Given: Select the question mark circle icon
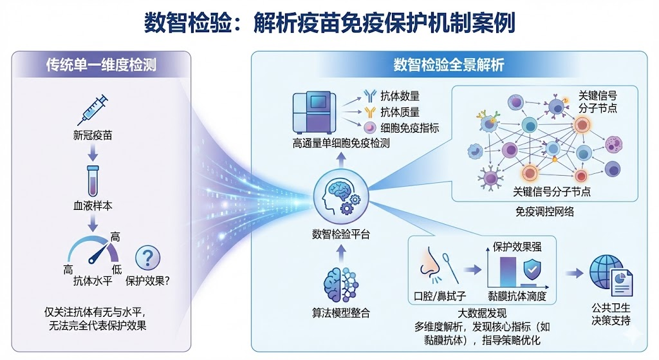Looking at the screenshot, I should pyautogui.click(x=147, y=258).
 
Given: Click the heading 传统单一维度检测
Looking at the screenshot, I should pyautogui.click(x=100, y=64).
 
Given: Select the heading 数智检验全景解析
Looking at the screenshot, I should pyautogui.click(x=449, y=64).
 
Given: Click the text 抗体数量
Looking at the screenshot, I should pyautogui.click(x=400, y=96).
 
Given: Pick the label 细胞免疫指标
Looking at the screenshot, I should pyautogui.click(x=410, y=128).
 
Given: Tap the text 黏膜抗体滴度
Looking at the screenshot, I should pyautogui.click(x=517, y=296).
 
